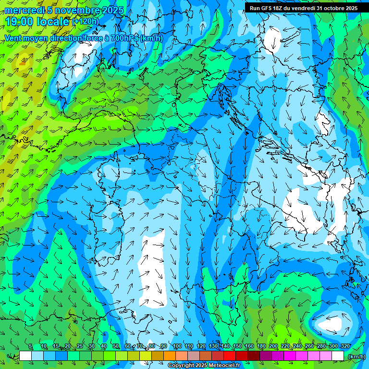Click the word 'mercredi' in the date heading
click(x=25, y=10)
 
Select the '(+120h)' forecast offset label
click(x=86, y=22)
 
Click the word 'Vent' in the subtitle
click(x=14, y=38)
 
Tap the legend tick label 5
click(x=30, y=346)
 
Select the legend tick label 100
click(x=177, y=346)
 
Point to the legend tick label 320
click(x=345, y=346)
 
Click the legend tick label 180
click(x=261, y=346)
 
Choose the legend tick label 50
click(x=116, y=346)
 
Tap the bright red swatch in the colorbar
click(x=230, y=356)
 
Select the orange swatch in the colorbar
click(x=170, y=356)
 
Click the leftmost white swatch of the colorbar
click(x=25, y=356)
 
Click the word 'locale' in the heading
click(x=52, y=22)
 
